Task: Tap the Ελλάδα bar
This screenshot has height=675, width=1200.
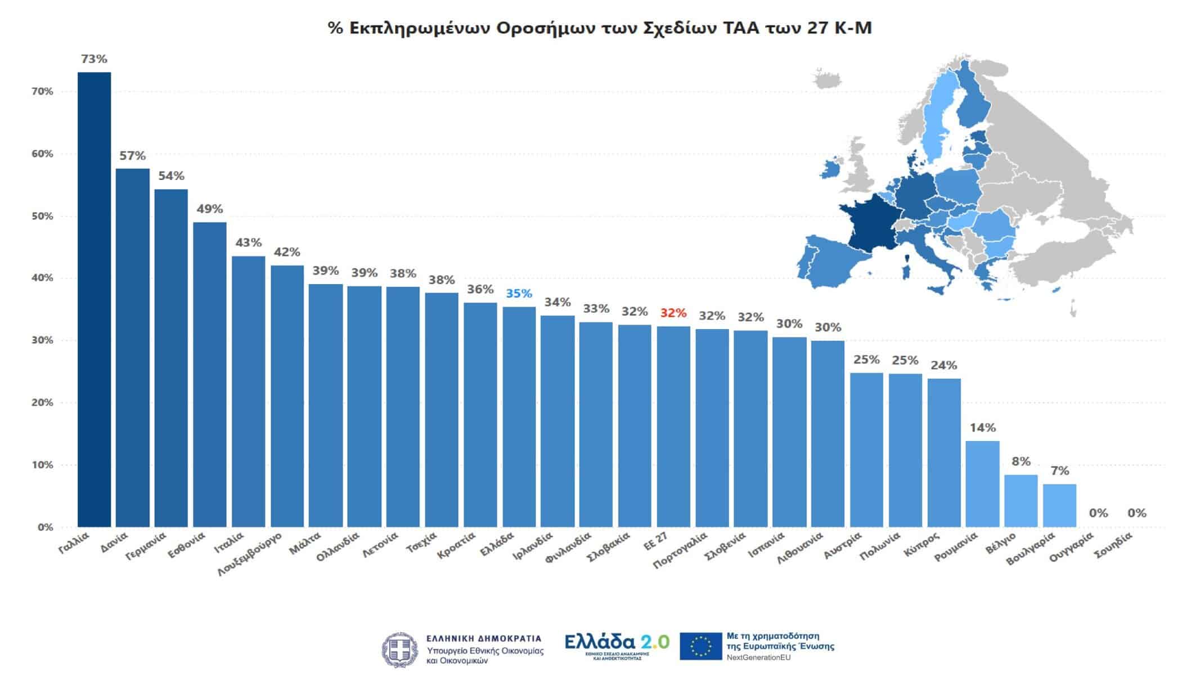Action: coord(519,417)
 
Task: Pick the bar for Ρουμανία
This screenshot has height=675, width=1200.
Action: coord(982,484)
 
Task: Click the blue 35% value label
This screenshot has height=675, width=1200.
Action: coord(519,294)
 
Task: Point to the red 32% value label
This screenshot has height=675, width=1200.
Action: coord(673,313)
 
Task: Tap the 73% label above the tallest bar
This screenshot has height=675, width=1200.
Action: coord(94,59)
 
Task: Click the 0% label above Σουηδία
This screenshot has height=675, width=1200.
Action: coord(1136,513)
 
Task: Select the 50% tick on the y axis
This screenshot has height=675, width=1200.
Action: coord(42,216)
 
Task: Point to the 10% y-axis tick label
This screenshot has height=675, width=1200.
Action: coord(42,465)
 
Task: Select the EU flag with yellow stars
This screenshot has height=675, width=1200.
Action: coord(700,646)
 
